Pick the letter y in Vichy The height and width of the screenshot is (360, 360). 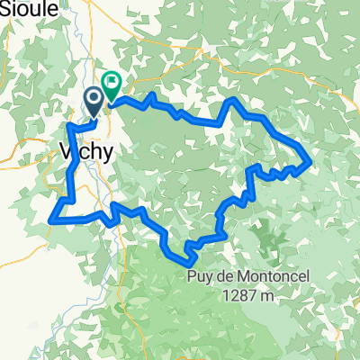(107, 154)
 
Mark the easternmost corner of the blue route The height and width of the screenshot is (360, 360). (310, 162)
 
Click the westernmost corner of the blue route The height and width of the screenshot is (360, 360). (49, 217)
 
